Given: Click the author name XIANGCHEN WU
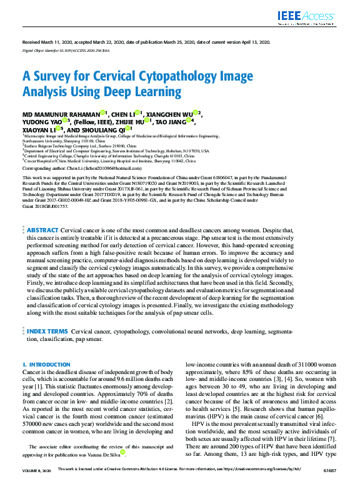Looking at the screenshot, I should tap(174, 114).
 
